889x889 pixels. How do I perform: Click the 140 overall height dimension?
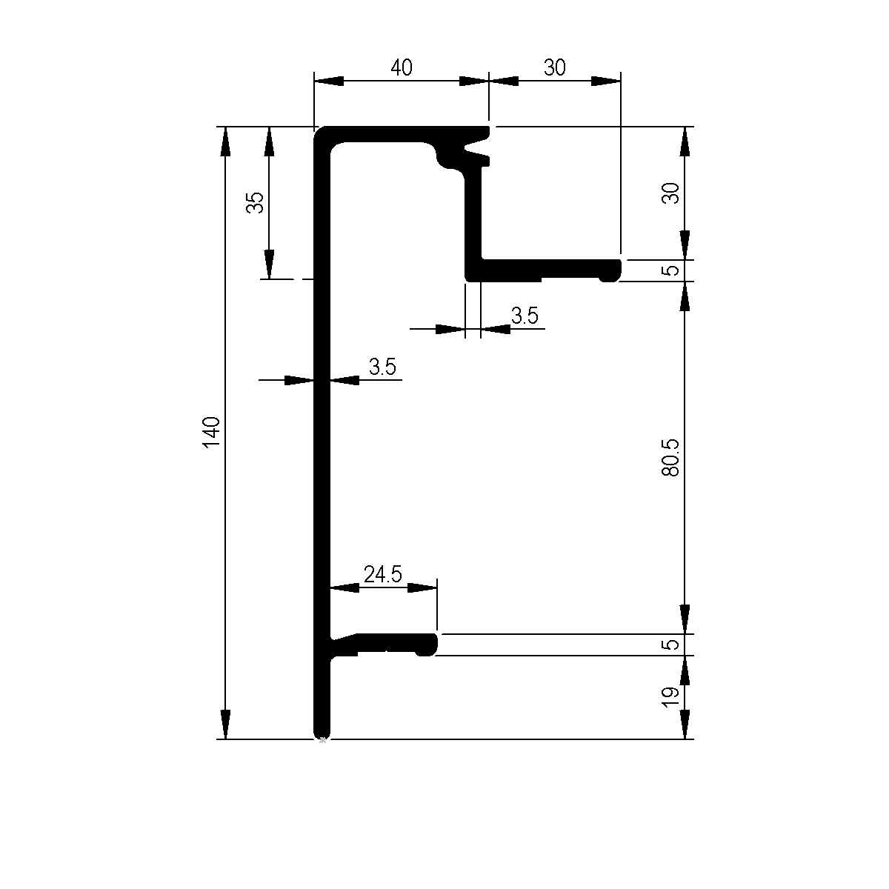(x=211, y=433)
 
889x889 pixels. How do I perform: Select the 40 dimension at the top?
(x=401, y=68)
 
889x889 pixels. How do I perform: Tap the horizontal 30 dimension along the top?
(x=554, y=68)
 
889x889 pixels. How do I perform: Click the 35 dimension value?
(x=255, y=202)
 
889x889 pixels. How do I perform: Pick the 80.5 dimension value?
(x=670, y=456)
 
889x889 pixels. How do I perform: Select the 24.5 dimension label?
(x=382, y=573)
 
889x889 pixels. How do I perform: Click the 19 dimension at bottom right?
(x=670, y=696)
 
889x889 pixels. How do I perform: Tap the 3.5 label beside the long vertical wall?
(x=382, y=367)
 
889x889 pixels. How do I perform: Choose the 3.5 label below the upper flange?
(x=525, y=316)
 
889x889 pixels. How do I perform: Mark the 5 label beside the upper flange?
(x=670, y=270)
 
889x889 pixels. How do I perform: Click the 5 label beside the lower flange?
(x=670, y=645)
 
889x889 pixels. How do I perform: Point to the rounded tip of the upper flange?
(x=611, y=271)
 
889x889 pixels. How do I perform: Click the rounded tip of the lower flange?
(x=429, y=645)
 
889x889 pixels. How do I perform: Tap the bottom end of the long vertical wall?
(x=322, y=733)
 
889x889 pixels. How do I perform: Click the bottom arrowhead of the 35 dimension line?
(x=269, y=265)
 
